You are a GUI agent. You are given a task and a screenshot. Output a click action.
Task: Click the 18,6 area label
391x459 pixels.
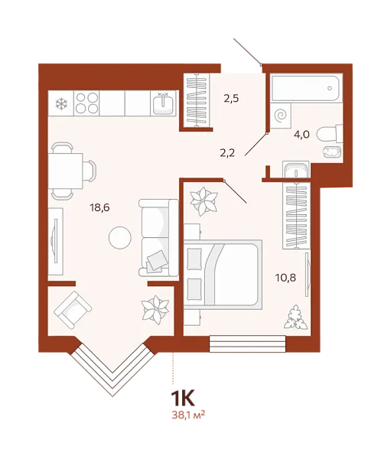coord(100,208)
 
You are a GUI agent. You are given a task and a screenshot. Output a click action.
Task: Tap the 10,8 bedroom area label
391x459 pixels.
coord(285,278)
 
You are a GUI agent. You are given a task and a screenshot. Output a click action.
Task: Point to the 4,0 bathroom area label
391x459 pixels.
coord(302,135)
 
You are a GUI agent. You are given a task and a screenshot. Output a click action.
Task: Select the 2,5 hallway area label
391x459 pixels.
coord(231,99)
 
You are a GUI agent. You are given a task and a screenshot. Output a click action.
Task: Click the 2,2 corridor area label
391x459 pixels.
coord(227,152)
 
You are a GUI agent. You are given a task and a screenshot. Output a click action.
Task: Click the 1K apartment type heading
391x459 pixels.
coord(182,399)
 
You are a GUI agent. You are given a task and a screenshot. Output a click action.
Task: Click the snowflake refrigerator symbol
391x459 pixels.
coord(61,103)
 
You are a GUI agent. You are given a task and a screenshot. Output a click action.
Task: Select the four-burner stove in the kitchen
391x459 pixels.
coord(86,103)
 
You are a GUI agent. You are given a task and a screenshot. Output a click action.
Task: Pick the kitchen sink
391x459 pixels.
coord(163,103)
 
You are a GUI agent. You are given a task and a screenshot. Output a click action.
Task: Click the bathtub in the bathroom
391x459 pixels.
coord(305,88)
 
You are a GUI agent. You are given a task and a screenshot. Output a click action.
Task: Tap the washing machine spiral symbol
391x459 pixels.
coord(281,116)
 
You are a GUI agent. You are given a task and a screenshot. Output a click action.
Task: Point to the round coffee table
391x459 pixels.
coord(120,237)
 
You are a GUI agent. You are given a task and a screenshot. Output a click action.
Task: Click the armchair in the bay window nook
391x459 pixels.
coord(73,310)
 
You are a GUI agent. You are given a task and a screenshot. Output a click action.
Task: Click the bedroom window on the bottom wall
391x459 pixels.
coord(247,344)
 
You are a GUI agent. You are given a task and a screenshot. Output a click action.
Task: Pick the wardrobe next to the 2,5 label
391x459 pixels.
coord(197,100)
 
